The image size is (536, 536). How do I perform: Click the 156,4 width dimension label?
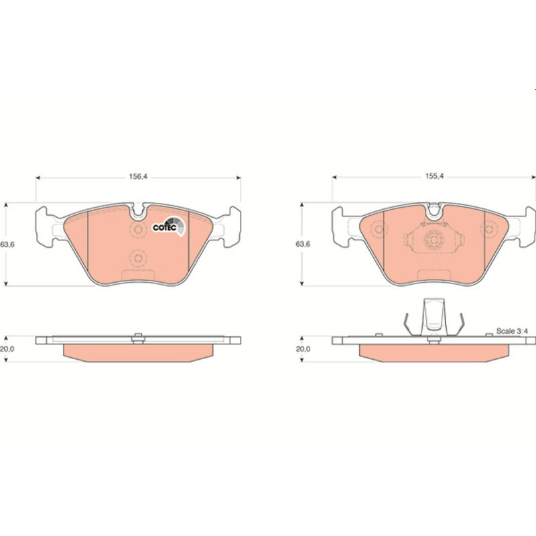click(138, 176)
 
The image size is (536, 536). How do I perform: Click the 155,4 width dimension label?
click(434, 176)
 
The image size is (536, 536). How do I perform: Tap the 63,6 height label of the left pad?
click(7, 245)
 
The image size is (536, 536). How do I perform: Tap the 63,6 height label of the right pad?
click(303, 244)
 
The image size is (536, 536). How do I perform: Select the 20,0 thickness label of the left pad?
click(7, 349)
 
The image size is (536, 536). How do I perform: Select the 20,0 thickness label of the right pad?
click(303, 349)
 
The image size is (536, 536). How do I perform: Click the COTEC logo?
click(169, 226)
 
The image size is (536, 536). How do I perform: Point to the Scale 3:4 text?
click(512, 331)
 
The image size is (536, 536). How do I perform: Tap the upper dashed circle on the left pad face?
click(138, 229)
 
